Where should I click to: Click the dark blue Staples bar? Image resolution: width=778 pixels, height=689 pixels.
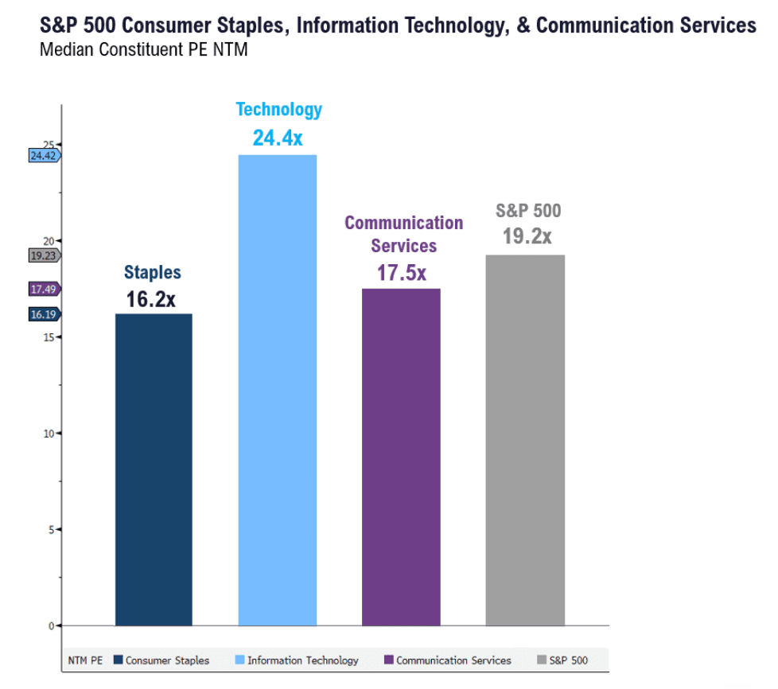tap(154, 469)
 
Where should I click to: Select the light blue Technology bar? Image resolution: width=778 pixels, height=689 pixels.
tap(278, 390)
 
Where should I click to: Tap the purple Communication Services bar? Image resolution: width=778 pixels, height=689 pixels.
tap(401, 457)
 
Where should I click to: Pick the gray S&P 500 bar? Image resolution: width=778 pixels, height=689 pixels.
tap(525, 440)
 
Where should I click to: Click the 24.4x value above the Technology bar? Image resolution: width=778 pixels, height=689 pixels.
tap(278, 138)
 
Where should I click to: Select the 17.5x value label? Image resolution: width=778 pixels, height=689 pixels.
tap(402, 273)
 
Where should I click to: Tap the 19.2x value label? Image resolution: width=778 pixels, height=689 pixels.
tap(527, 236)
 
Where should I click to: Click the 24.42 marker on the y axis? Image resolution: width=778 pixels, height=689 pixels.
tap(44, 156)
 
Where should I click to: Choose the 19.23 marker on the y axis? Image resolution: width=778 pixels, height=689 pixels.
tap(44, 255)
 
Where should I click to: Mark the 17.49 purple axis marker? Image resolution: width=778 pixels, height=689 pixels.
tap(44, 290)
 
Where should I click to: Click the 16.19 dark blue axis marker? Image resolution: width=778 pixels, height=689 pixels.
tap(44, 314)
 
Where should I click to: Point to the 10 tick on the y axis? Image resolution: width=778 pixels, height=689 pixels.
tap(49, 434)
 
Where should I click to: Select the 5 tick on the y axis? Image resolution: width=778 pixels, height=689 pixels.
tap(52, 529)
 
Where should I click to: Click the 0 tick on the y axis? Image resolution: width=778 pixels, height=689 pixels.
tap(52, 625)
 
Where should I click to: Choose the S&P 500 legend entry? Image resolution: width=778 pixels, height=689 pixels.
tap(568, 660)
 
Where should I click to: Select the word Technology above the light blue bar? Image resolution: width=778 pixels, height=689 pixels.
tap(279, 110)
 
